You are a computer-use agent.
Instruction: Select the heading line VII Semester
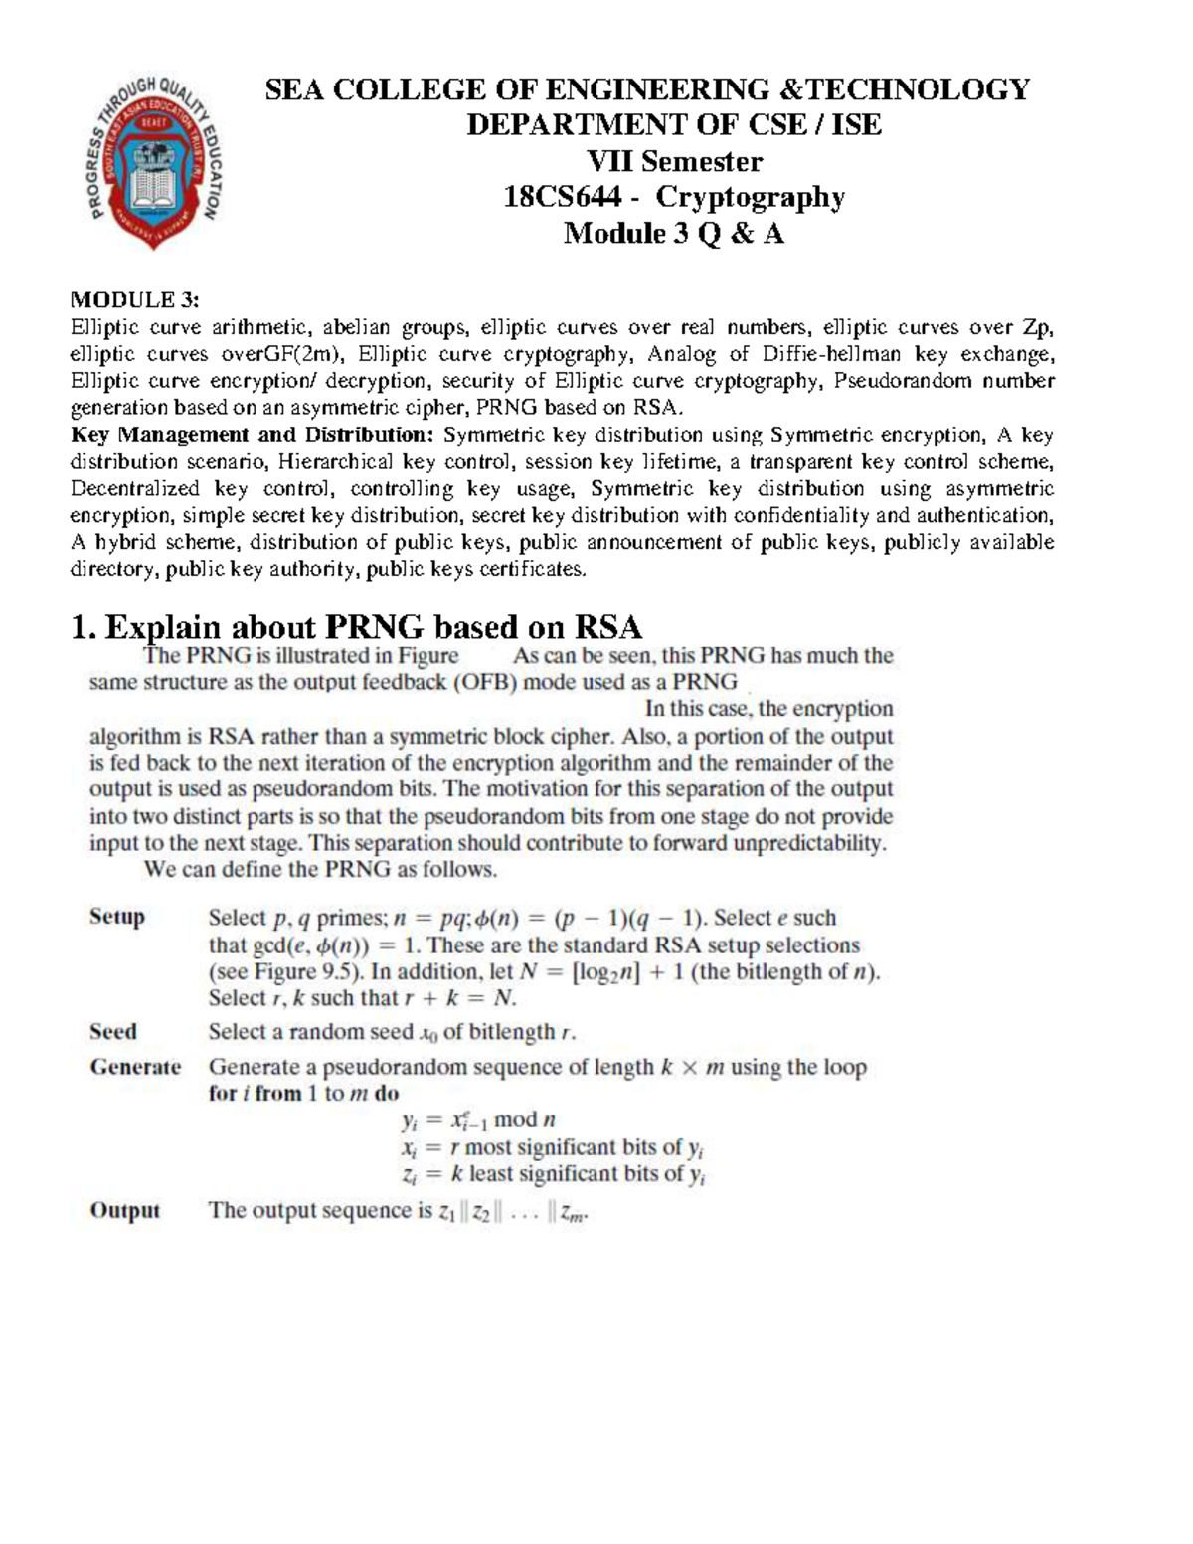pos(674,161)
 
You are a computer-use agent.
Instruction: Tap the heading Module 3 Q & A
pos(674,234)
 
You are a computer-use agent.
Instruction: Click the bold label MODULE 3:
pos(134,300)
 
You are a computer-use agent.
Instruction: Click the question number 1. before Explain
pos(84,627)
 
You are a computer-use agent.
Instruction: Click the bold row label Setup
pos(117,917)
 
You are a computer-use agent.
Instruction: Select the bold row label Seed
pos(113,1032)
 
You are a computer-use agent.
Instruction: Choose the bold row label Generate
pos(135,1067)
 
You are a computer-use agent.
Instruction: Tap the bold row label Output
pos(124,1210)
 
